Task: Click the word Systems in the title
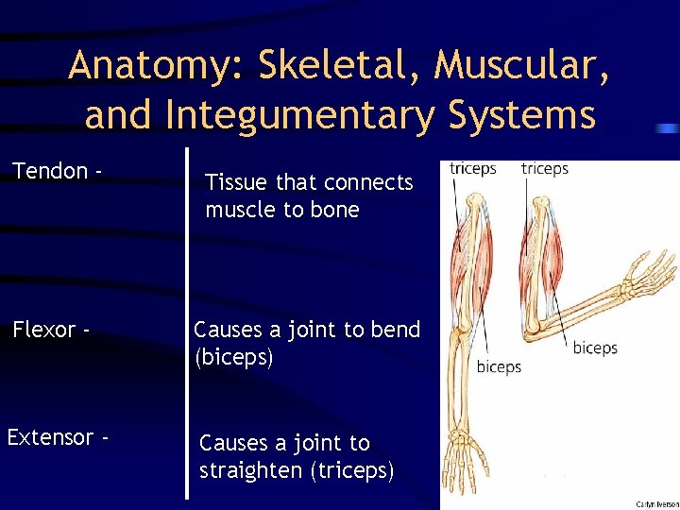[510, 115]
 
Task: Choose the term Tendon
[50, 172]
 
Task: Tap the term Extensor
[51, 437]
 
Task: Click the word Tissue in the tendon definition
[237, 182]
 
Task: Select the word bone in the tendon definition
[334, 210]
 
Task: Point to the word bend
[396, 330]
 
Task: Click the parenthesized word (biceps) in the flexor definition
[233, 357]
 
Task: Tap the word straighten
[251, 470]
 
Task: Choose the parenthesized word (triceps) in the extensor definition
[351, 470]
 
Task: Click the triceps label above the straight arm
[473, 169]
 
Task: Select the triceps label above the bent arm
[545, 169]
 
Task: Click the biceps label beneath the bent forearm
[595, 348]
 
